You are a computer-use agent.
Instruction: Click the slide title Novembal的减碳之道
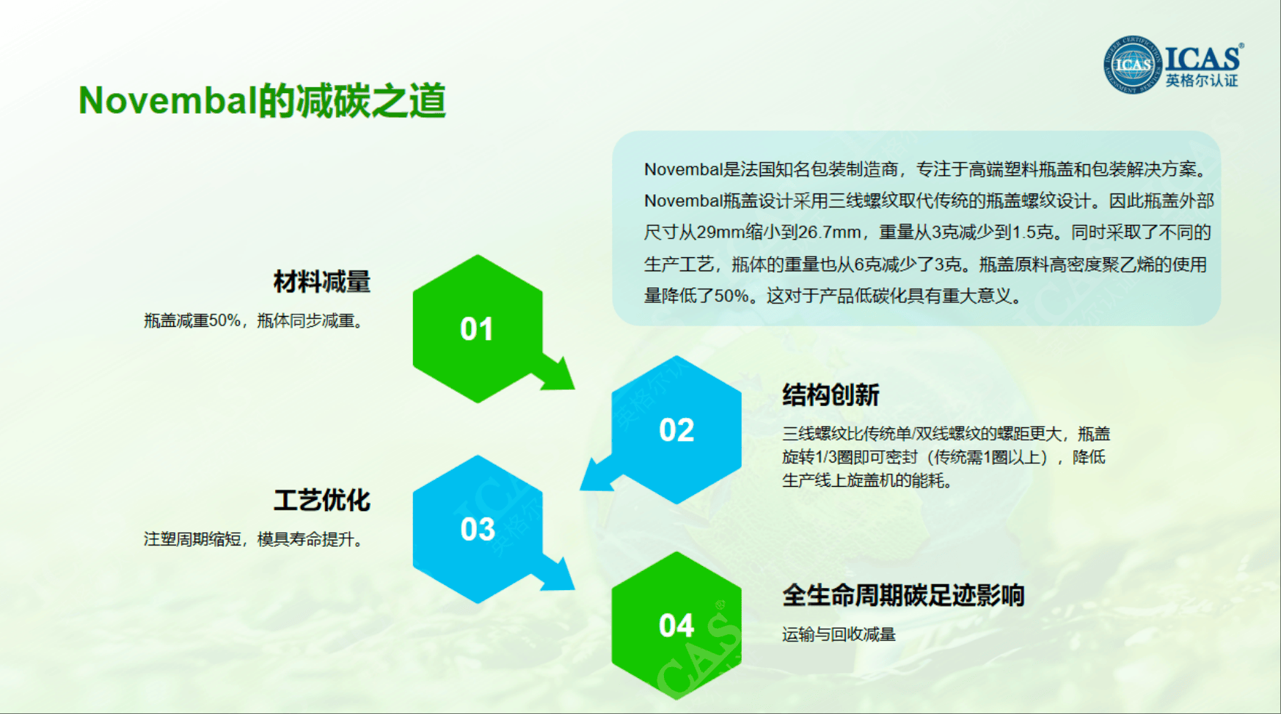coord(262,100)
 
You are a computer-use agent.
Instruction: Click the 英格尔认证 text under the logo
coord(1202,81)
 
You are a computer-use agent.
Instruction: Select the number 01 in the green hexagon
coord(477,329)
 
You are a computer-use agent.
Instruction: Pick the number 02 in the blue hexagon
coord(676,430)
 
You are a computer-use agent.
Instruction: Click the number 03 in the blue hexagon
coord(478,529)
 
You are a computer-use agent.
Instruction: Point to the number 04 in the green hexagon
coord(676,626)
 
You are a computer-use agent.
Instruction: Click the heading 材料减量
coord(322,281)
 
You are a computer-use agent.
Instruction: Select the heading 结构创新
coord(831,395)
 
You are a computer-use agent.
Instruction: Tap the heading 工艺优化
coord(322,501)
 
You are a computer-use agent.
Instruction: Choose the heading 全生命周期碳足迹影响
coord(903,595)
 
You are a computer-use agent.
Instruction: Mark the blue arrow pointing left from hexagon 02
coord(598,474)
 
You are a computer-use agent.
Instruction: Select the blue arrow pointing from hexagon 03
coord(556,573)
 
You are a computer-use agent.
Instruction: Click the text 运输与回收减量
coord(839,635)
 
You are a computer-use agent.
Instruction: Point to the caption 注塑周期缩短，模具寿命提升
coord(253,540)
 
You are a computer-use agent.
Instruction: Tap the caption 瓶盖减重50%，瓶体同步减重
coord(253,321)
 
